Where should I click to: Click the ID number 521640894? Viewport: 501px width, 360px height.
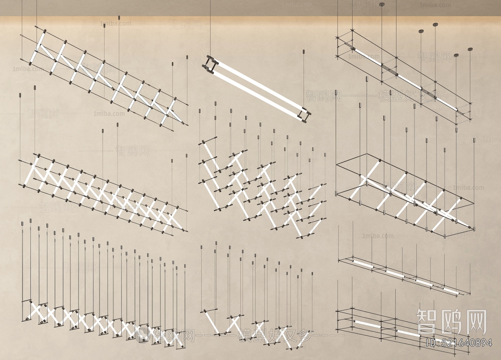[x=459, y=343]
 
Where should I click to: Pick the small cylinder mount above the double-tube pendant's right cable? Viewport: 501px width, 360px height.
[x=303, y=52]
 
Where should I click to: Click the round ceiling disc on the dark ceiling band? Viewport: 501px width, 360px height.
[x=382, y=4]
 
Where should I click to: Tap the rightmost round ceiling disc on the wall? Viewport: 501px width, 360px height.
[x=470, y=49]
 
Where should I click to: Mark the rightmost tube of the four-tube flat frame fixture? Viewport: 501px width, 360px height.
[x=451, y=290]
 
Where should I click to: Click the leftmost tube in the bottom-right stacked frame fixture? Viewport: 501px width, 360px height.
[x=367, y=324]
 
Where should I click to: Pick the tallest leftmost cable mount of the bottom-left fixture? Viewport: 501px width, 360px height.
[x=22, y=223]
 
